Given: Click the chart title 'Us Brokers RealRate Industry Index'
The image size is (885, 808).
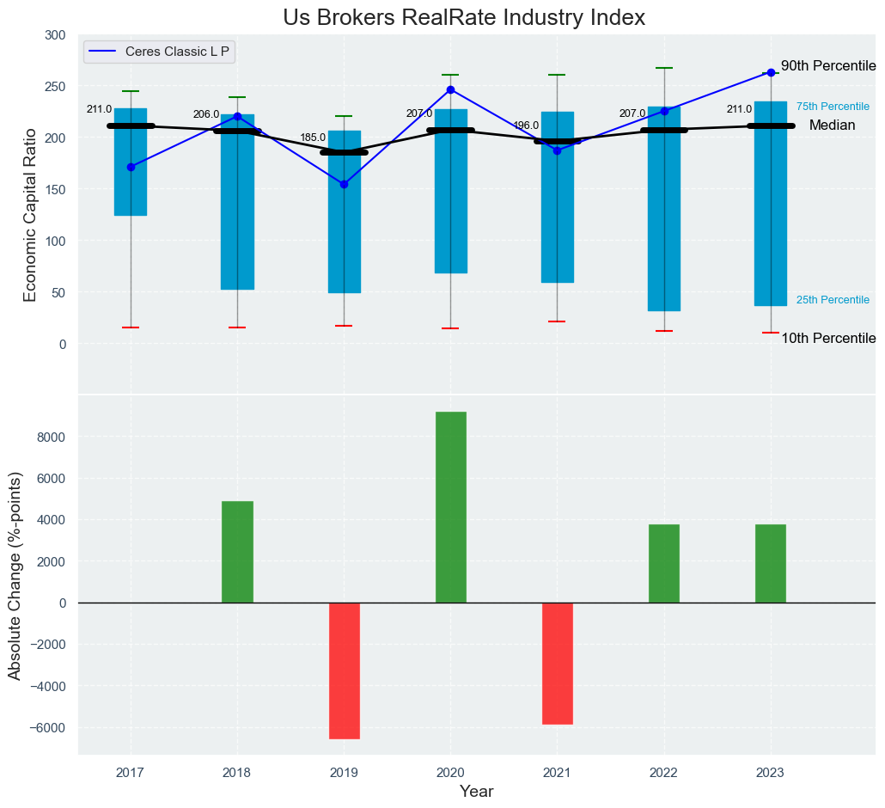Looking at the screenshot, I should (x=463, y=17).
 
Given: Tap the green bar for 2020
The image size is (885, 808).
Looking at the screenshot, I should (x=451, y=507).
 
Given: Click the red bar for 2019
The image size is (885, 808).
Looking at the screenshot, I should (x=344, y=670).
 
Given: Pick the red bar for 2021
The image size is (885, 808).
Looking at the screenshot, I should (x=558, y=663).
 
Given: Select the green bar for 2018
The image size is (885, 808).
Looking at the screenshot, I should (x=237, y=552).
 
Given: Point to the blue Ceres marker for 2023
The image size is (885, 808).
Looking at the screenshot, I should (x=771, y=73).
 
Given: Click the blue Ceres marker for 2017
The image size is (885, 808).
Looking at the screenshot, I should (x=131, y=167).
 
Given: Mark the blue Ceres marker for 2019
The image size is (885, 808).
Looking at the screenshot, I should (x=344, y=184).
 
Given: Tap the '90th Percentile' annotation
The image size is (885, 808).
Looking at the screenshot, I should (x=827, y=66).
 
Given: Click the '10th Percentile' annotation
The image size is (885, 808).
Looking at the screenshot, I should (x=827, y=338).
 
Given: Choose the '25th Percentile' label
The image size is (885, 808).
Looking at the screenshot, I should (x=833, y=300).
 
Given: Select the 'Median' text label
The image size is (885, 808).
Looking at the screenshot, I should (x=832, y=125).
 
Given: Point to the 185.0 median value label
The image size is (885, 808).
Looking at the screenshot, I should (x=313, y=138).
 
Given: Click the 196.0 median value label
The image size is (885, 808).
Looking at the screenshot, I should (x=526, y=125).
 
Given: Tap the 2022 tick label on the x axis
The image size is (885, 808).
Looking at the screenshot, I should (x=663, y=773).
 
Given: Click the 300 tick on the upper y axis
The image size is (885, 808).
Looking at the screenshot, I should (x=55, y=35).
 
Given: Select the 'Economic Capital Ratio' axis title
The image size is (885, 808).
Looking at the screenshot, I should (x=31, y=214).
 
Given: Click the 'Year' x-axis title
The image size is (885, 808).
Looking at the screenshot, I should (x=476, y=792).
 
